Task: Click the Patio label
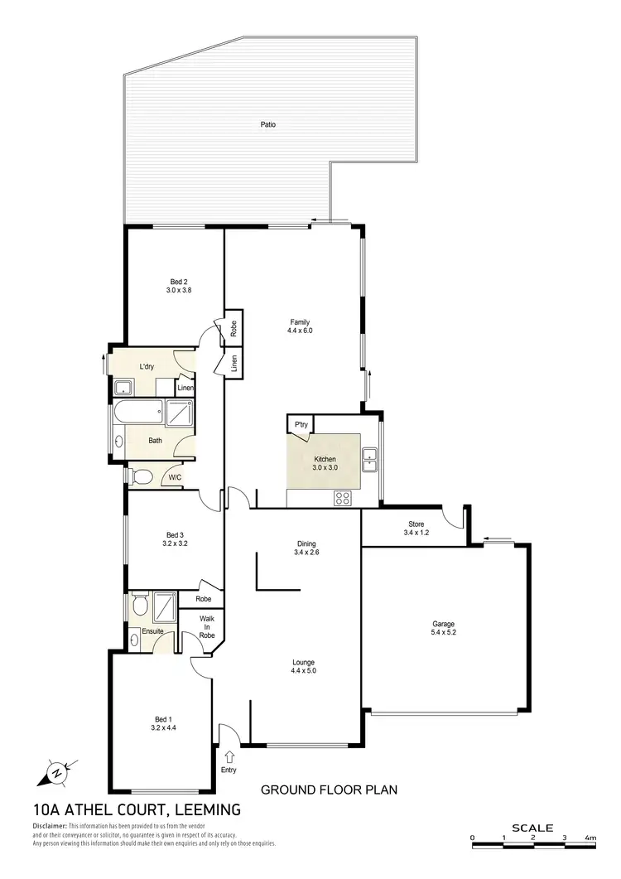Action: point(265,124)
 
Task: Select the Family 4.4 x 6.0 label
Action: point(301,326)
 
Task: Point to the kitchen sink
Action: point(370,458)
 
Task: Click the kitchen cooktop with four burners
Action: point(342,498)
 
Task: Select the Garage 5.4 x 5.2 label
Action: point(444,629)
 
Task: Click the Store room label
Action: point(416,528)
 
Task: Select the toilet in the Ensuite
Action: point(139,606)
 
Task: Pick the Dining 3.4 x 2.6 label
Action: point(306,548)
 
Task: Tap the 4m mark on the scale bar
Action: point(590,838)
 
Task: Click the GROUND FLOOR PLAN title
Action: point(329,790)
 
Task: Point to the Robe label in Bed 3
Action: point(204,599)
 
